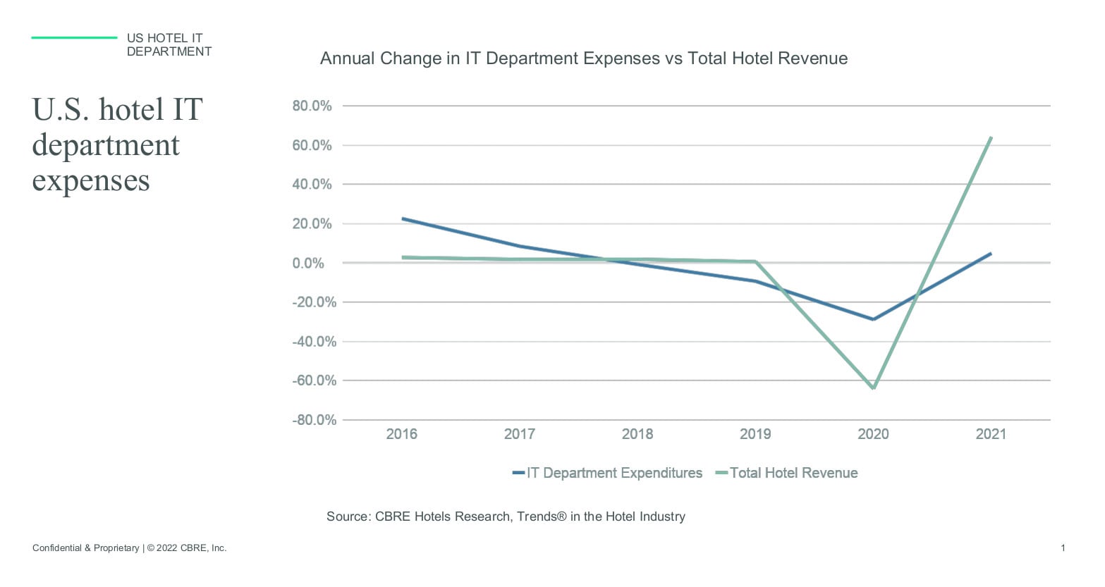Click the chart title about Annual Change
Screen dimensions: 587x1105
tap(583, 58)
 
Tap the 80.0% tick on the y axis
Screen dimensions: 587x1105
tap(312, 106)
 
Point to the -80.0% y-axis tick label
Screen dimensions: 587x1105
tap(314, 420)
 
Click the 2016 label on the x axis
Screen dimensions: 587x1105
tap(401, 434)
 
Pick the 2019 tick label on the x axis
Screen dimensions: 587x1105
tap(755, 434)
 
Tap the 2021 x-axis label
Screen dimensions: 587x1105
tap(991, 434)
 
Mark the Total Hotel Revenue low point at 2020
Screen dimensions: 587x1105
tap(874, 388)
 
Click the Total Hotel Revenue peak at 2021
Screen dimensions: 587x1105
tap(991, 138)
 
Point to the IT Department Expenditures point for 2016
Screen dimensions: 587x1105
tap(403, 218)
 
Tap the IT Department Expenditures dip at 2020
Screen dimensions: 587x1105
tap(874, 319)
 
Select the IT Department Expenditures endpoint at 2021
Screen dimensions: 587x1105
tap(991, 254)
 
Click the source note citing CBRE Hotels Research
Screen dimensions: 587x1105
tap(505, 517)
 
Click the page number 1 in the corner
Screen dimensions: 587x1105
tap(1063, 548)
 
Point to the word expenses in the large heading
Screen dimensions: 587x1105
tap(91, 180)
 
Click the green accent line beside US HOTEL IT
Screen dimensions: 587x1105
tap(74, 38)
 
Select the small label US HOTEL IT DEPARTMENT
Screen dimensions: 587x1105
tap(169, 45)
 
